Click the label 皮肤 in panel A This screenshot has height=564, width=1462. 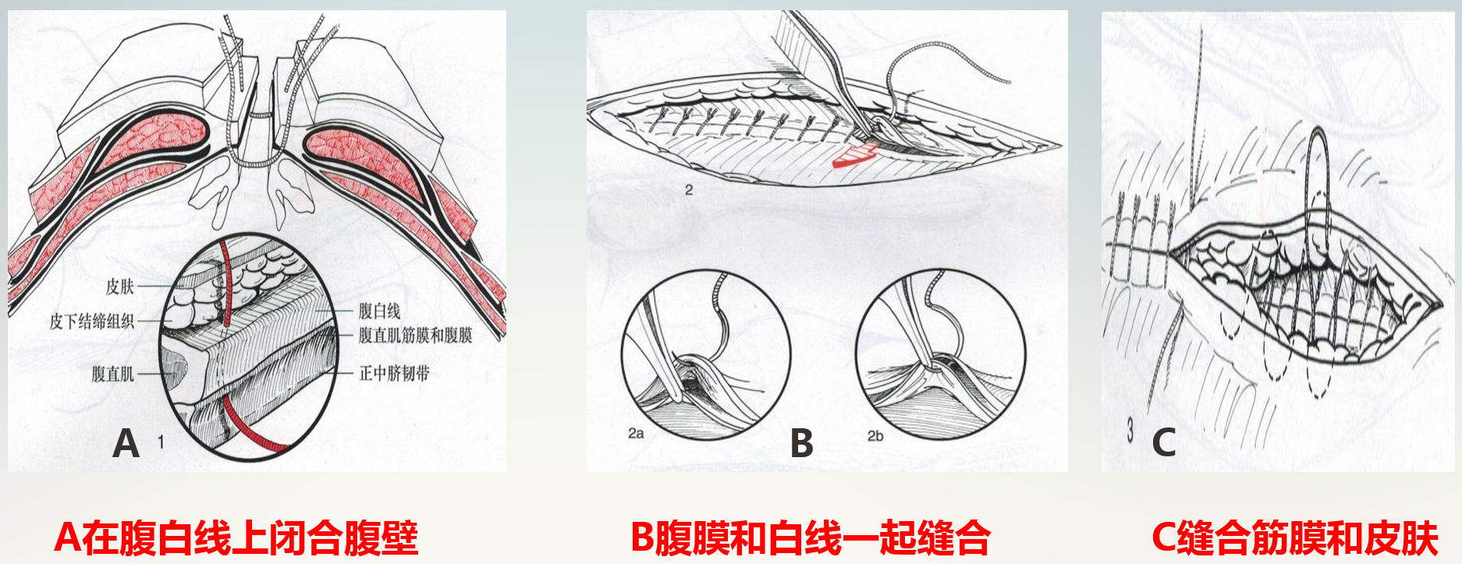pos(120,286)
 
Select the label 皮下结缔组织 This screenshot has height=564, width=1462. pos(92,321)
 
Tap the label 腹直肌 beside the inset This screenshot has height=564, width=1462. pos(113,374)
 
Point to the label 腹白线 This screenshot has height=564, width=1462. pos(379,311)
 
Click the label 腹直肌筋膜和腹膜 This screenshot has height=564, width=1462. pos(415,335)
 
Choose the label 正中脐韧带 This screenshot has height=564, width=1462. pos(394,374)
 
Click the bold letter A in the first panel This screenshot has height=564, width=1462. pos(126,443)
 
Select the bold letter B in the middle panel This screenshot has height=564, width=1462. pos(801,443)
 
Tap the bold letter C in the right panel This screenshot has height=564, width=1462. pos(1163,443)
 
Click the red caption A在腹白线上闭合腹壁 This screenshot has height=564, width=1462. pos(236,537)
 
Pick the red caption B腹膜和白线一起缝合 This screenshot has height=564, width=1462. pos(810,537)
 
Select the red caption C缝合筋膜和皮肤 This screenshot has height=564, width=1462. pos(1294,537)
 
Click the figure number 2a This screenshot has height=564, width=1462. pos(636,433)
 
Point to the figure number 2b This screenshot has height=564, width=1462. pos(875,435)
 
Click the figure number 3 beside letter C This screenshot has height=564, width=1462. pos(1130,430)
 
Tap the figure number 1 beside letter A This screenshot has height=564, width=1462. pos(161,442)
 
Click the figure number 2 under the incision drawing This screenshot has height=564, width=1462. pos(688,190)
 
